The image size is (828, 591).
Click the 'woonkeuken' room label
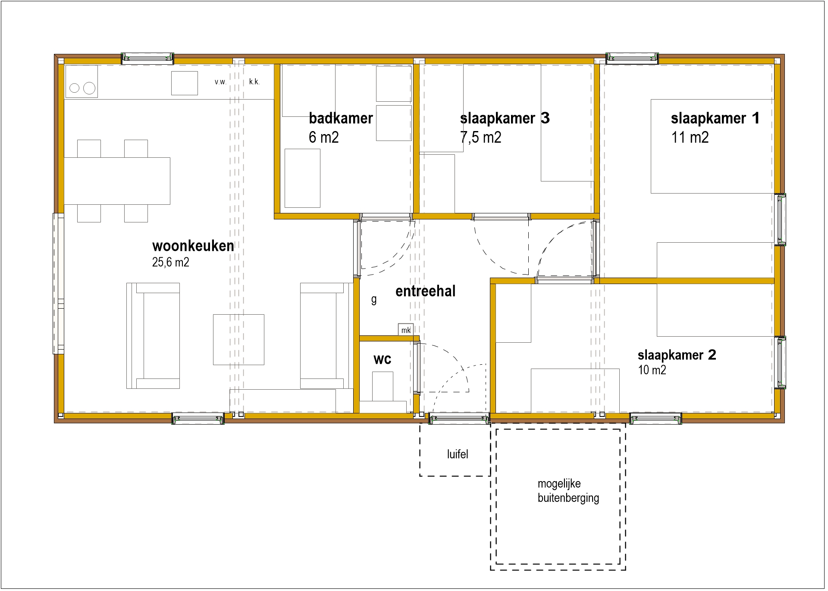point(193,246)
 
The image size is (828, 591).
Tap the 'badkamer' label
point(341,118)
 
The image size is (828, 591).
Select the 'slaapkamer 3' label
point(505,118)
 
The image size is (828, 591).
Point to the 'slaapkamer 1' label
point(715,118)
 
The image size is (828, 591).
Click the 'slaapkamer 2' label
point(677,355)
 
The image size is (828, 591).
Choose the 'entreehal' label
point(425,291)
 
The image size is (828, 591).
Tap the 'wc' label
point(382,359)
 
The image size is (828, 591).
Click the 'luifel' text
point(458,454)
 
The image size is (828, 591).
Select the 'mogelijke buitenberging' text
point(568,491)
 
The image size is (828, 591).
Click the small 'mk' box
point(406,330)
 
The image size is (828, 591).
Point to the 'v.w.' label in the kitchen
point(220,82)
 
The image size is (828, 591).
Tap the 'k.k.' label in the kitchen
point(254,81)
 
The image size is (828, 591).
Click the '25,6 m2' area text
point(170,262)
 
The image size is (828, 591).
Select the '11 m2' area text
point(690,138)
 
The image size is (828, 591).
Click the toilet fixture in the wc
point(383,386)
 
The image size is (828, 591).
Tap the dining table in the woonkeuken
point(117,181)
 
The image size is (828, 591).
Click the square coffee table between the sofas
point(238,340)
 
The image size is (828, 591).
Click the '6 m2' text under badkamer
point(324,138)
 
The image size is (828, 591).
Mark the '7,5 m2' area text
point(481,138)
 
